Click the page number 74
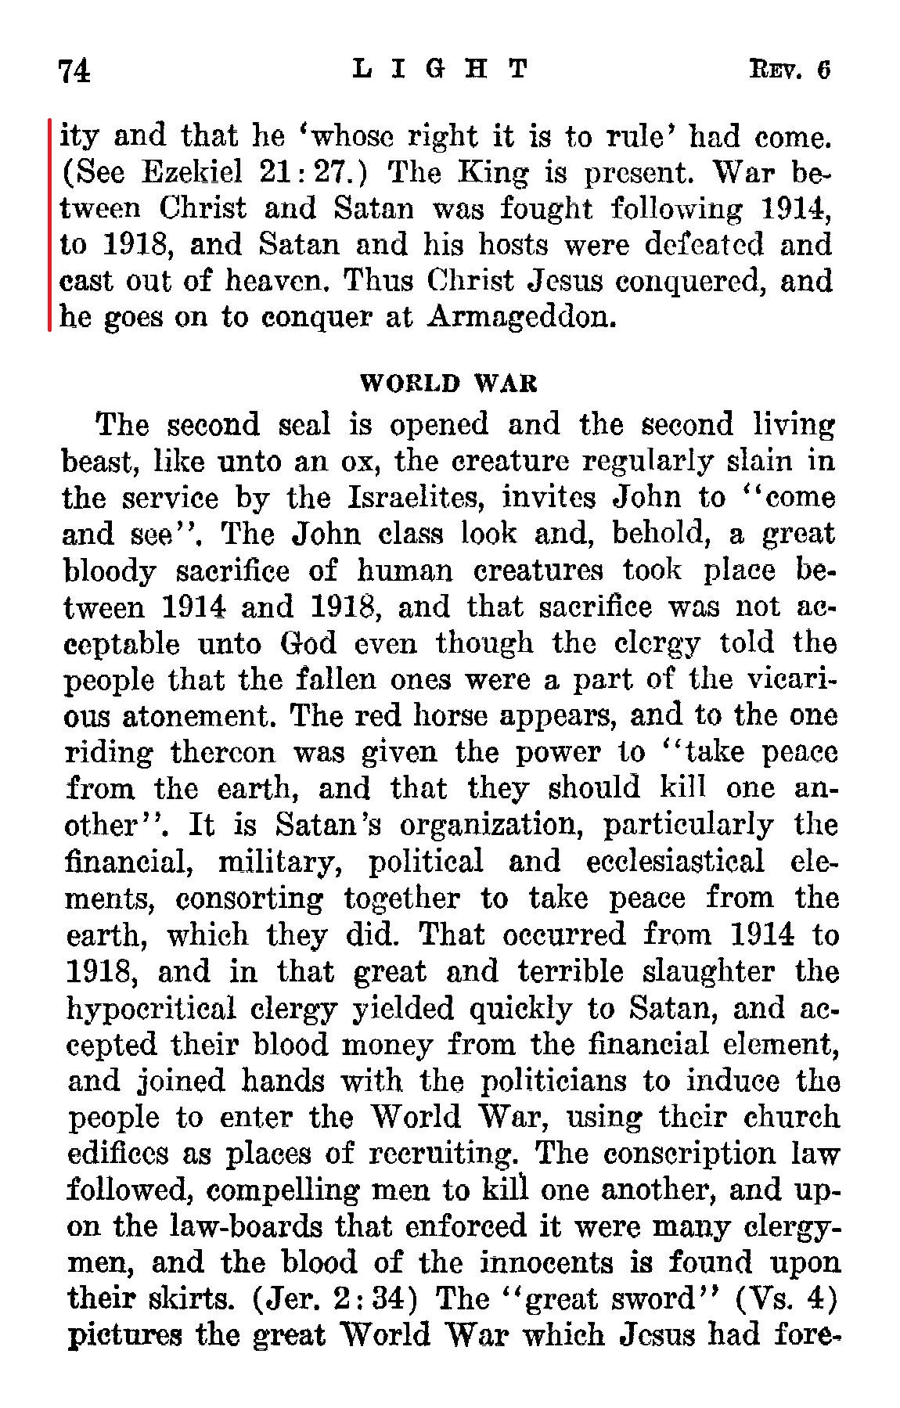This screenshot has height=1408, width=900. coord(76,71)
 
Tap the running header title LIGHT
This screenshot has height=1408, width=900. coord(441,70)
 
